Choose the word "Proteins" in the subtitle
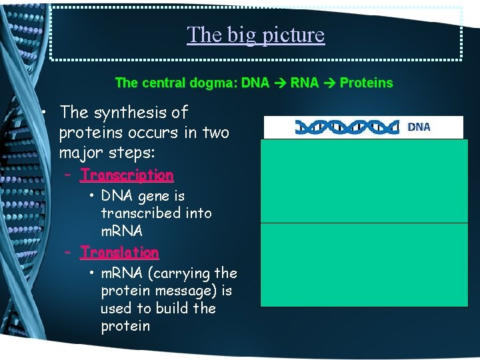[x=366, y=83]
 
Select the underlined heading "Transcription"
[x=127, y=175]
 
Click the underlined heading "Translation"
[x=119, y=253]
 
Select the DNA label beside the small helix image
[x=419, y=127]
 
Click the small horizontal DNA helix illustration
[x=347, y=127]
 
